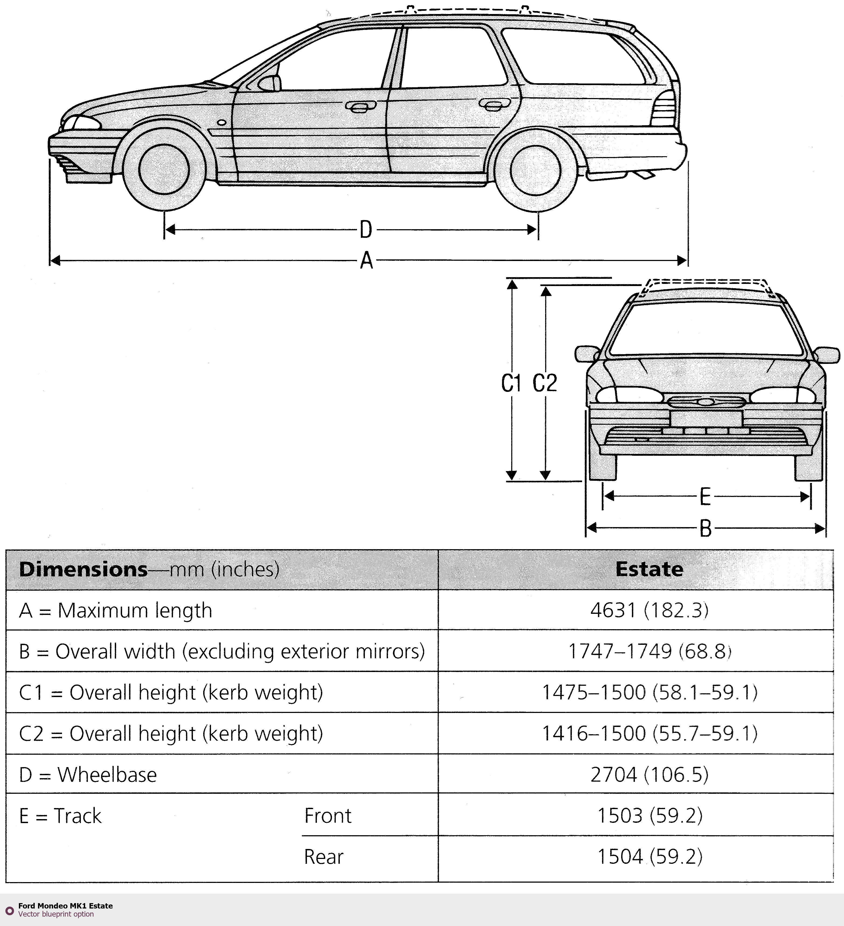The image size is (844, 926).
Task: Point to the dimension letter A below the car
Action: [366, 261]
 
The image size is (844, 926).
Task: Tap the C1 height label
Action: [511, 383]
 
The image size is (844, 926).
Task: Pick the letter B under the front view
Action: [705, 529]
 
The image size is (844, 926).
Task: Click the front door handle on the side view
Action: [360, 107]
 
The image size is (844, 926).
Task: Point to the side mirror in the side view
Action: [270, 83]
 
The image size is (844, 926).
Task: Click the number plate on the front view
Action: [706, 419]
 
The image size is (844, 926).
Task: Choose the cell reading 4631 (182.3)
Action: [649, 610]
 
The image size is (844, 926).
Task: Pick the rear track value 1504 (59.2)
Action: [649, 857]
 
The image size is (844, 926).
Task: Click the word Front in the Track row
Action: [328, 816]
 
